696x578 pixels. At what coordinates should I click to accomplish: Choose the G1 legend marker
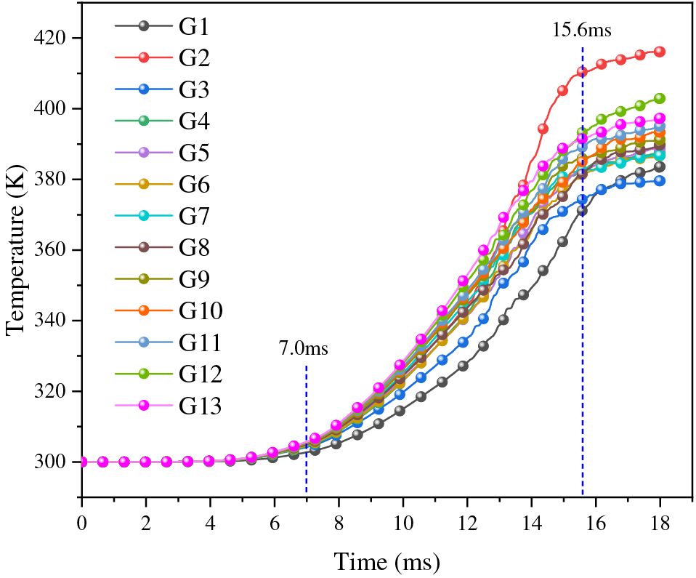[x=144, y=26]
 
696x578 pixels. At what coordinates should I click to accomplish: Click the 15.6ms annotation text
[x=581, y=31]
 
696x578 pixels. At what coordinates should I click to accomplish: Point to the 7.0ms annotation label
[x=304, y=348]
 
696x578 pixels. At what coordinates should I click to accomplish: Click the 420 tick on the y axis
[x=57, y=38]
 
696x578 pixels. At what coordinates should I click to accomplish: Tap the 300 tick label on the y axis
[x=57, y=462]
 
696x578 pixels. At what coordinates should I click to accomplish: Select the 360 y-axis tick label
[x=57, y=250]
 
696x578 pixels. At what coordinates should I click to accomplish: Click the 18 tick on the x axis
[x=660, y=523]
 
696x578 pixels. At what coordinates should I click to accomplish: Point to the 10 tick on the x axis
[x=402, y=523]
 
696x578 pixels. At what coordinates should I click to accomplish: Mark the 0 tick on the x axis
[x=82, y=523]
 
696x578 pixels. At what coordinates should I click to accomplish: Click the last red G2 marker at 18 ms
[x=660, y=52]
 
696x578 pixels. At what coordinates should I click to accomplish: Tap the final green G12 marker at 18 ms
[x=660, y=98]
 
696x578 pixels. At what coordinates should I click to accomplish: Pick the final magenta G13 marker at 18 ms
[x=660, y=118]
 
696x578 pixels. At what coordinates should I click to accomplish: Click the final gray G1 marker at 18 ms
[x=660, y=166]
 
